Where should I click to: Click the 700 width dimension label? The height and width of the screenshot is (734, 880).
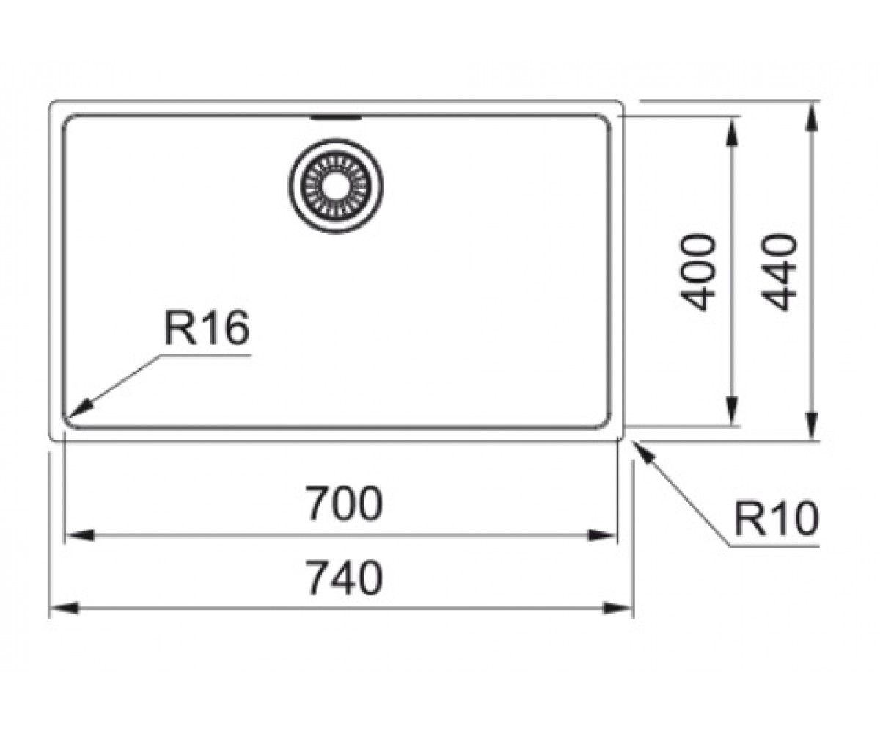[x=344, y=504]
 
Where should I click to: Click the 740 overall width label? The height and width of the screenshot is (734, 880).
[x=345, y=577]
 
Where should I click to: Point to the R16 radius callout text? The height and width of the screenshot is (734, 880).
[x=207, y=327]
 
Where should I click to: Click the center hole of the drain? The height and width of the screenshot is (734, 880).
[x=336, y=185]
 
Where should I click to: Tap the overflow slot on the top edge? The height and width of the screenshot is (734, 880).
[x=336, y=117]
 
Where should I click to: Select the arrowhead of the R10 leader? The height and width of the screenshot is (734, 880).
[x=645, y=451]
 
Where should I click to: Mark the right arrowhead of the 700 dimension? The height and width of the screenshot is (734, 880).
[x=602, y=536]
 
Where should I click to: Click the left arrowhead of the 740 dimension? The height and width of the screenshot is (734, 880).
[x=64, y=608]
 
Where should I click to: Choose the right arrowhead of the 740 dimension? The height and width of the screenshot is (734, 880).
[x=618, y=608]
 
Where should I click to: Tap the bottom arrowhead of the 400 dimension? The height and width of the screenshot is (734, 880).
[x=733, y=411]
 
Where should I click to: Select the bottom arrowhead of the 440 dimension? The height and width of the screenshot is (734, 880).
[x=812, y=426]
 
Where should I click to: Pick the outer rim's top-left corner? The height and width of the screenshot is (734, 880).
[x=51, y=103]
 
